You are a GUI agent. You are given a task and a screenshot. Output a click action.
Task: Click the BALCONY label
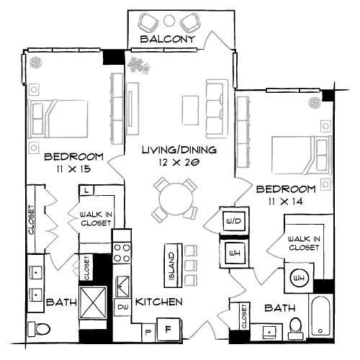pyautogui.click(x=168, y=39)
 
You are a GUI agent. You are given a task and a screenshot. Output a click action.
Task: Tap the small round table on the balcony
pyautogui.click(x=169, y=20)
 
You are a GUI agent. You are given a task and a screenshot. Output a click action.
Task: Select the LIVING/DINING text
pyautogui.click(x=179, y=150)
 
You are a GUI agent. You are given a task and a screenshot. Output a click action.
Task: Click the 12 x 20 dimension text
pyautogui.click(x=179, y=163)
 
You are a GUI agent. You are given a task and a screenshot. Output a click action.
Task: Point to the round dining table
pyautogui.click(x=176, y=199)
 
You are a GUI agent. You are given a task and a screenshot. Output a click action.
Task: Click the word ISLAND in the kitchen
pyautogui.click(x=172, y=266)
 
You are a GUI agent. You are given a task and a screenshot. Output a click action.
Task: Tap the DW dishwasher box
pyautogui.click(x=122, y=307)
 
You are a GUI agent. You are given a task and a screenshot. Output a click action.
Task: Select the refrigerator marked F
pyautogui.click(x=168, y=329)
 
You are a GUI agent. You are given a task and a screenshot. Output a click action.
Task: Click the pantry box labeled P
pyautogui.click(x=148, y=333)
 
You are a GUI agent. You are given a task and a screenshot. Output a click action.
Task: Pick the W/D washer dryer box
pyautogui.click(x=234, y=221)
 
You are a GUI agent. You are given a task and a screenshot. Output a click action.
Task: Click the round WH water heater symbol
pyautogui.click(x=299, y=278)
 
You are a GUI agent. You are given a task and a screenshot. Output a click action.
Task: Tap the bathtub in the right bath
pyautogui.click(x=320, y=316)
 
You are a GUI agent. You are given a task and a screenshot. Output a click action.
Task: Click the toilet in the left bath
pyautogui.click(x=39, y=328)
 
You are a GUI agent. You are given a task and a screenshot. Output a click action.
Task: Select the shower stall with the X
pyautogui.click(x=93, y=302)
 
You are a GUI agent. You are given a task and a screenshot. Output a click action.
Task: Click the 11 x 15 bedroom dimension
pyautogui.click(x=73, y=169)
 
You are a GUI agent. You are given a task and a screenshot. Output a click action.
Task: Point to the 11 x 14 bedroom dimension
pyautogui.click(x=286, y=201)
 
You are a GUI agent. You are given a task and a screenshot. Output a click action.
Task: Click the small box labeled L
pyautogui.click(x=86, y=191)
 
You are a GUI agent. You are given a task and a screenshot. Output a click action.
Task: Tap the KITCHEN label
pyautogui.click(x=159, y=302)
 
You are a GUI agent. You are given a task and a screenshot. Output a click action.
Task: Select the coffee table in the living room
pyautogui.click(x=190, y=110)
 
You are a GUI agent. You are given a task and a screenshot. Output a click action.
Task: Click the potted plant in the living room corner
pyautogui.click(x=139, y=66)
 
